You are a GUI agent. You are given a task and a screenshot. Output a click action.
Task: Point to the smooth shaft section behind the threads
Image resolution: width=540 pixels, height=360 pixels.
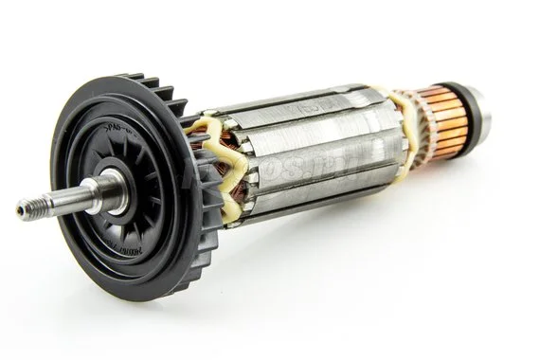pyautogui.click(x=71, y=200)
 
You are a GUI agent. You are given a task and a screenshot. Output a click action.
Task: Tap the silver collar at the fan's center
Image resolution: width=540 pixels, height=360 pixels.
pyautogui.click(x=112, y=189)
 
